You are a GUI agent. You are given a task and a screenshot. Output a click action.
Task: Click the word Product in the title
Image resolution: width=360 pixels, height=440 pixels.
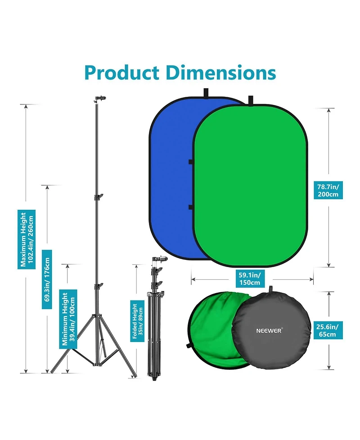[121, 73]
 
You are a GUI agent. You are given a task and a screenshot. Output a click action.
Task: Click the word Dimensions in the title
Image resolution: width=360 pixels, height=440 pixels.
[220, 73]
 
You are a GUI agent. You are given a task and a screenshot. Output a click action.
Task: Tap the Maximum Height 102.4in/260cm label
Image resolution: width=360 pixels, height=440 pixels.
[27, 239]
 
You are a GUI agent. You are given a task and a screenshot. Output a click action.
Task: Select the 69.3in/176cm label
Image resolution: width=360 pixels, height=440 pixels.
[47, 280]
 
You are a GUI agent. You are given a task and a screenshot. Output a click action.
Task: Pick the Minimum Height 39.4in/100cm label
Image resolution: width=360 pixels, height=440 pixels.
[68, 319]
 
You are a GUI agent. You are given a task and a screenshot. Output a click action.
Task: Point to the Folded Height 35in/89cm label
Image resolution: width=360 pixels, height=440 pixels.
[137, 321]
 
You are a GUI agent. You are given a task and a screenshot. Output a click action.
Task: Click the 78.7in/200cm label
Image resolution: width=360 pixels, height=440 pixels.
[328, 190]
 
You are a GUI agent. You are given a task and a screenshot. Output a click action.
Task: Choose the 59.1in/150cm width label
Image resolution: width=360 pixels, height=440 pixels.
[250, 278]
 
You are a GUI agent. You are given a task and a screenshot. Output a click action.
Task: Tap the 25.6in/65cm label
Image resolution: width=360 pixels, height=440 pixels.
[327, 330]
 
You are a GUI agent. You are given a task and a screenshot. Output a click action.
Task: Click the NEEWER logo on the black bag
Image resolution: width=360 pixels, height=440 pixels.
[269, 331]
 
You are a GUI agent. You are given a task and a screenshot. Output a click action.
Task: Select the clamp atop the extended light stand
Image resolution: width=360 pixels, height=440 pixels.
[100, 99]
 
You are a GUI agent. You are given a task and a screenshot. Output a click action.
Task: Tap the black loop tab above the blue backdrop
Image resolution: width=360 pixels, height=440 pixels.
[206, 93]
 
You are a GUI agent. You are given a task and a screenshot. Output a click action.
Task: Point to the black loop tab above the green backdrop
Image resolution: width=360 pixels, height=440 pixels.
[251, 100]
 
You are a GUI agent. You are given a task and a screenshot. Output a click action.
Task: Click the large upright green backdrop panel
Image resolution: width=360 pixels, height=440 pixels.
[250, 186]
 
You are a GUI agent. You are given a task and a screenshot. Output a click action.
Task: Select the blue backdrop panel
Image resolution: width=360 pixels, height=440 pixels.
[171, 177]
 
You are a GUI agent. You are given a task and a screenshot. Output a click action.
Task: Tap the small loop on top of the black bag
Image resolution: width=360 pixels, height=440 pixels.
[271, 289]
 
